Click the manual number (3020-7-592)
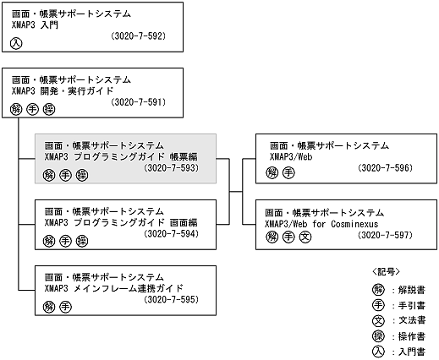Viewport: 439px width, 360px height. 137,37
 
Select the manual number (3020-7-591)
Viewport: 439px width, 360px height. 137,102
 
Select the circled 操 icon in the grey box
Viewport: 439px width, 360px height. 81,174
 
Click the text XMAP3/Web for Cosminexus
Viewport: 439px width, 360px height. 317,222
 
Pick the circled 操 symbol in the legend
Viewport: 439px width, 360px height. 377,335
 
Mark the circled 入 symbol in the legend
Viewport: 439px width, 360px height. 377,350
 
